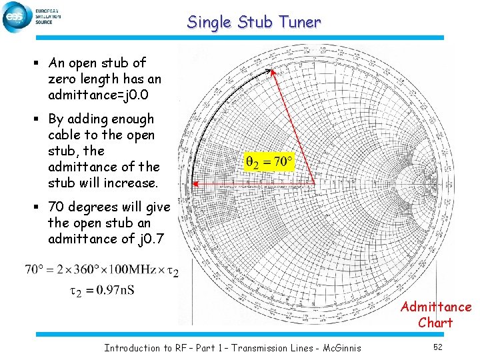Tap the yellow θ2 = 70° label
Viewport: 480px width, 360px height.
[x=269, y=162]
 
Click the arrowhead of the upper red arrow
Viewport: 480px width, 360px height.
[x=272, y=71]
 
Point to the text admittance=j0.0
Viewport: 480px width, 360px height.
[x=105, y=95]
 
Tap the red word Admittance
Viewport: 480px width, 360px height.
[x=436, y=307]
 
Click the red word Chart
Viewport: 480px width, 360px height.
[x=435, y=323]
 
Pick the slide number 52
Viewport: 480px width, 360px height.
[x=437, y=347]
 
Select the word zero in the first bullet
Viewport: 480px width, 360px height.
[x=63, y=79]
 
